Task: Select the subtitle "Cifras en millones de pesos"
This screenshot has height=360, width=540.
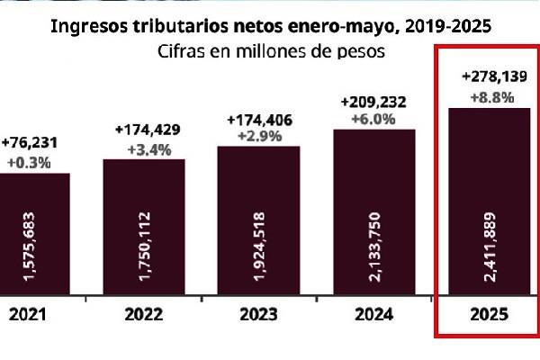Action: pyautogui.click(x=271, y=51)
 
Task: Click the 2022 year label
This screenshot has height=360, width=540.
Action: pyautogui.click(x=144, y=316)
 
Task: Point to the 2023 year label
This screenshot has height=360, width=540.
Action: pyautogui.click(x=258, y=316)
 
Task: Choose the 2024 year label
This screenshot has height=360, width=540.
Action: pyautogui.click(x=373, y=316)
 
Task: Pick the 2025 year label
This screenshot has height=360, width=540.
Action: pyautogui.click(x=489, y=316)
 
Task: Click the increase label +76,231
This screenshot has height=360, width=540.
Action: pyautogui.click(x=27, y=144)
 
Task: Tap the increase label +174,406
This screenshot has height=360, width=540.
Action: pyautogui.click(x=261, y=119)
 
